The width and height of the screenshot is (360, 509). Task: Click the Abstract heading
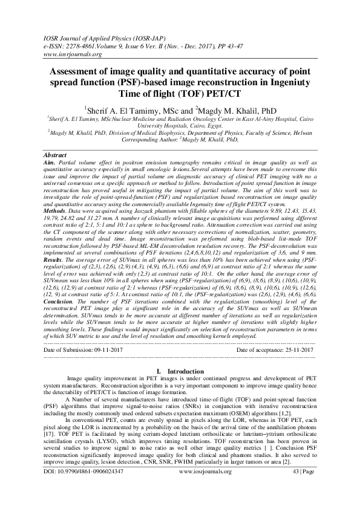tap(56, 155)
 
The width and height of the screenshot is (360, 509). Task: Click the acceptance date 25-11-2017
tap(294, 350)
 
